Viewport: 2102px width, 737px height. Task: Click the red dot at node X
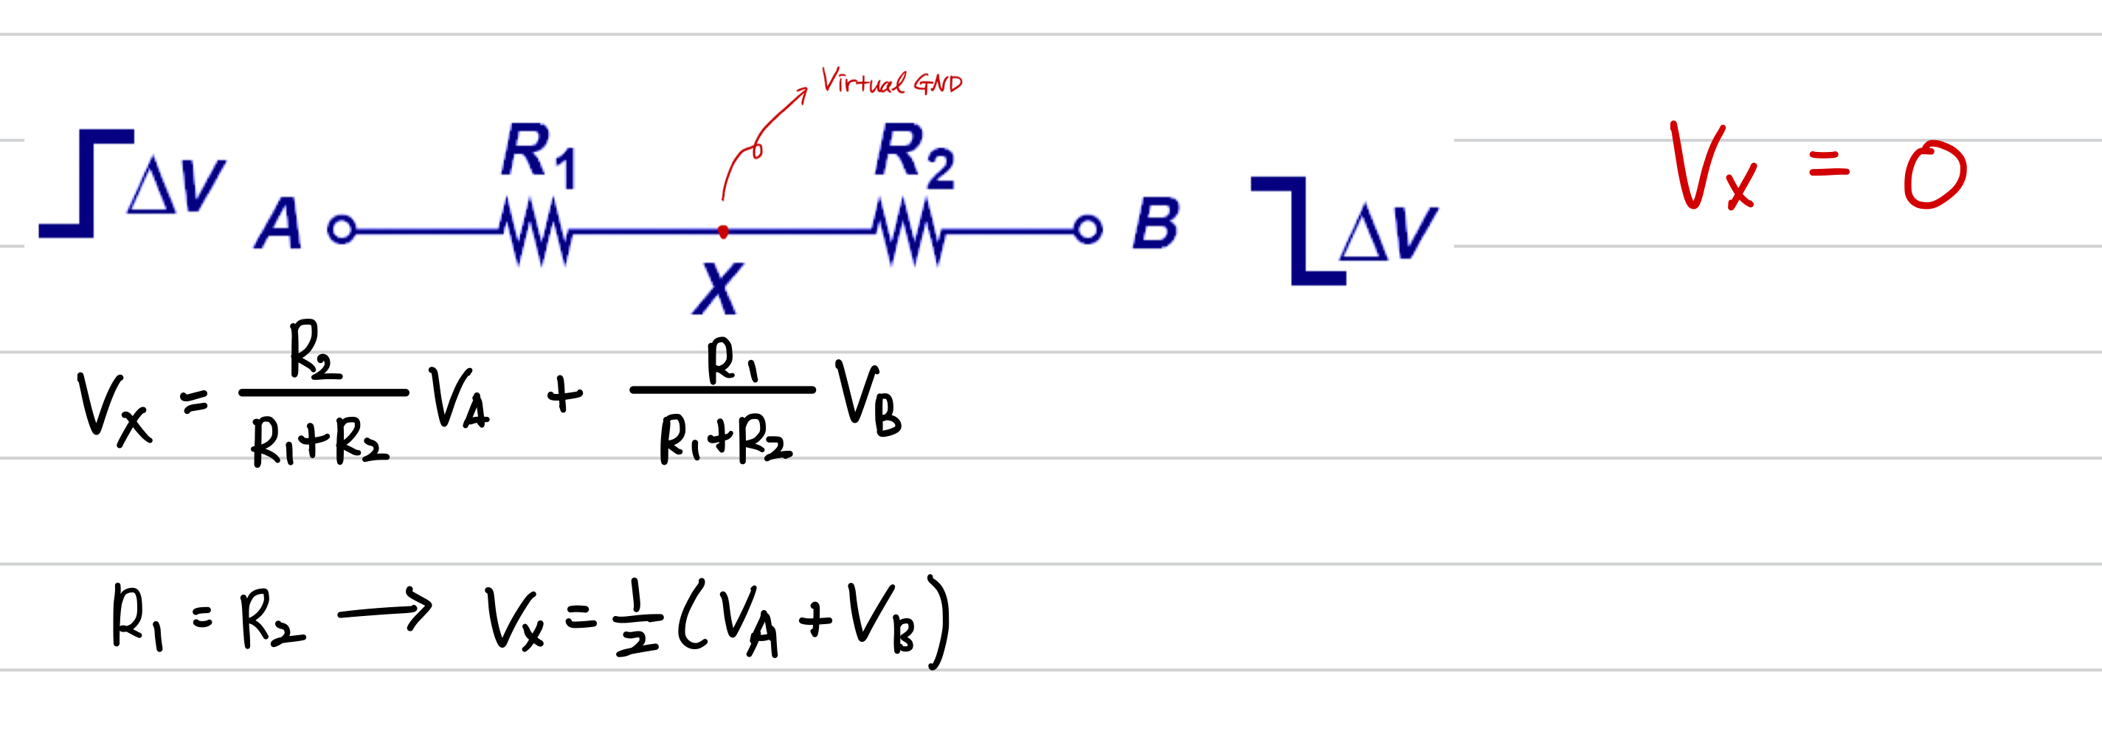coord(723,232)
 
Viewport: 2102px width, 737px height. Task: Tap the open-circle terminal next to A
coord(342,229)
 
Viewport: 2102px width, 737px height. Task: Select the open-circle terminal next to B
coord(1088,229)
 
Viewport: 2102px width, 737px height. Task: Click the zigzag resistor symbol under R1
coord(536,232)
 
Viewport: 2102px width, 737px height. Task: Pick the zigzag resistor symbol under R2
coord(908,232)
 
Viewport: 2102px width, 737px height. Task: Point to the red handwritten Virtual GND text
coord(891,82)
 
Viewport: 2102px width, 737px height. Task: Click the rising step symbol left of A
coord(86,184)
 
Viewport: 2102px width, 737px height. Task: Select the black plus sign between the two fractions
coord(564,396)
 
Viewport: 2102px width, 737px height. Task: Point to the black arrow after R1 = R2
coord(384,611)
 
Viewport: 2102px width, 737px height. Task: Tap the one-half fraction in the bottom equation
coord(637,619)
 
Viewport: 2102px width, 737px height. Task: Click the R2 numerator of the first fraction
coord(314,351)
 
